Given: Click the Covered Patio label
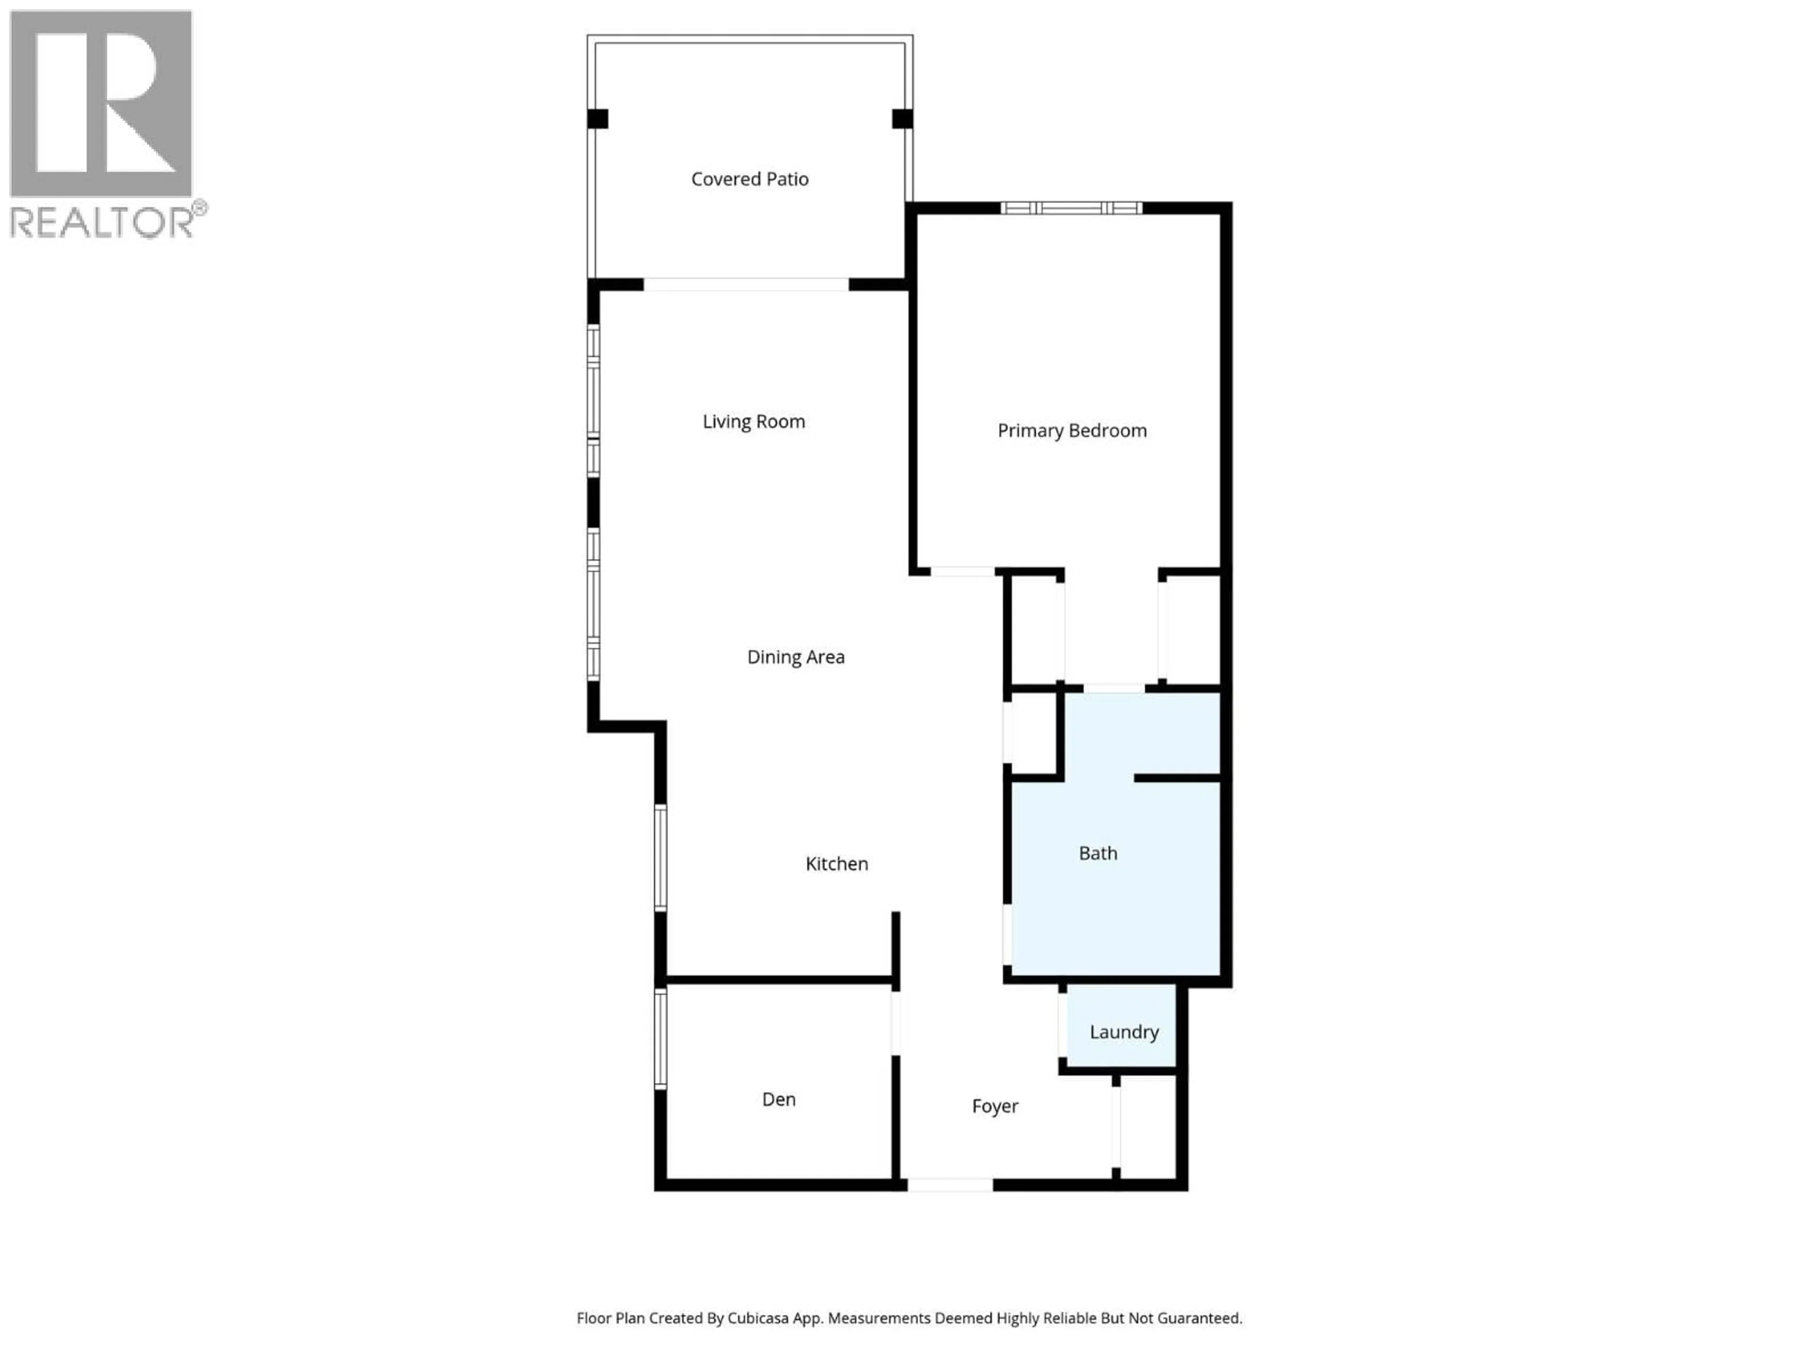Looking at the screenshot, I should click(x=749, y=179).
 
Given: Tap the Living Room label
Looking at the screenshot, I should click(x=753, y=422).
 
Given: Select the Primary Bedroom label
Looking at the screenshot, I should click(x=1072, y=431).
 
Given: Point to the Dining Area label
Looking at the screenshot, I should click(x=795, y=657).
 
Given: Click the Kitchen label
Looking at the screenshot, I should click(x=836, y=863).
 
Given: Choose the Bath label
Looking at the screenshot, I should click(x=1098, y=853).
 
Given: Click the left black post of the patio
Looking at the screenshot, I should click(x=598, y=119).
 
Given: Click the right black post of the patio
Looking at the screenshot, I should click(x=902, y=119).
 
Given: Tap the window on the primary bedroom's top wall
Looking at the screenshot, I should click(x=1071, y=208).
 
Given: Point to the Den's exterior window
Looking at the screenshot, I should click(x=660, y=1039).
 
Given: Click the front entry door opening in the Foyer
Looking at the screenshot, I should click(x=950, y=1185).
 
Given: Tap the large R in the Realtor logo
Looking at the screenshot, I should click(x=101, y=103).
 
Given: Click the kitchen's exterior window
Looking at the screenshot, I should click(x=660, y=858).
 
